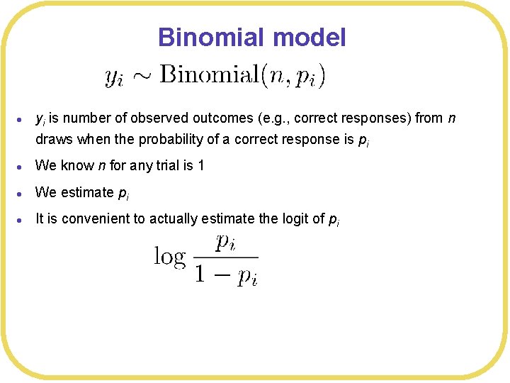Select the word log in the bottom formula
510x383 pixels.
click(x=170, y=256)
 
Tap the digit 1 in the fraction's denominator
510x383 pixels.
click(x=201, y=274)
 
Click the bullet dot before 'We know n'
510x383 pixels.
click(x=24, y=167)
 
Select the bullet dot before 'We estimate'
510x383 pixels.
click(x=24, y=193)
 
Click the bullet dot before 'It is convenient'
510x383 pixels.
click(x=24, y=219)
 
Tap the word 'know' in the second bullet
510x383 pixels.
click(x=72, y=166)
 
